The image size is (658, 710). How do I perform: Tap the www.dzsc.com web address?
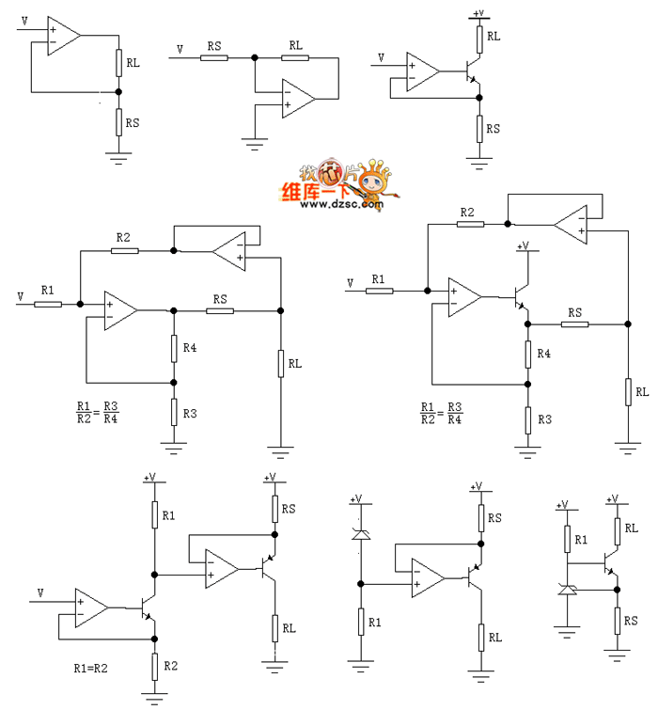pos(343,204)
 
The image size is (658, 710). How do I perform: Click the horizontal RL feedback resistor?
pos(296,58)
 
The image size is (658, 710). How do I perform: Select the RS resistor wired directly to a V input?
pos(214,58)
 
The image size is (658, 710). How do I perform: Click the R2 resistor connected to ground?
pos(154,665)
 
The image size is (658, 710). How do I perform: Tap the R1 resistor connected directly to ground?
pos(359,622)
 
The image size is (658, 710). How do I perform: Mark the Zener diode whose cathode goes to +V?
pos(359,535)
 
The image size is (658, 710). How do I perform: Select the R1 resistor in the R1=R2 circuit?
pos(154,514)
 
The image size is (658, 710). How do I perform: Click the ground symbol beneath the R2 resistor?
pos(154,697)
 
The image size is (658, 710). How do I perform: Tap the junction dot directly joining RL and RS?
pos(118,92)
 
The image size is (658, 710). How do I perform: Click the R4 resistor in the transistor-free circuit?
pos(173,348)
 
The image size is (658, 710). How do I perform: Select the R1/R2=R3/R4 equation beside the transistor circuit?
pos(441,414)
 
